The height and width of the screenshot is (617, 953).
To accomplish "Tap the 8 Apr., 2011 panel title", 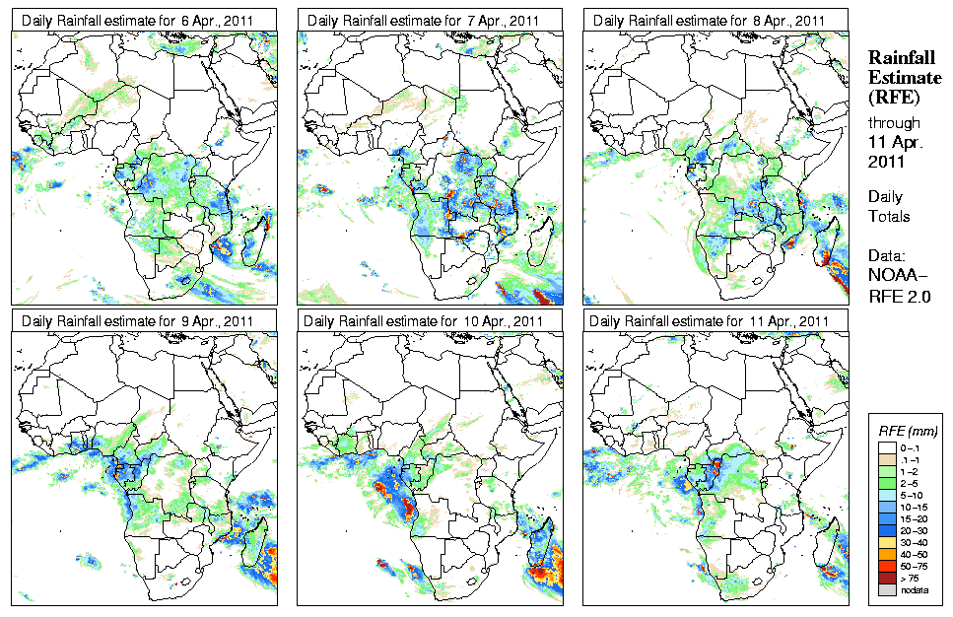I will tap(709, 21).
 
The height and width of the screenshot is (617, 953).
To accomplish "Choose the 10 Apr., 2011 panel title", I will tap(423, 321).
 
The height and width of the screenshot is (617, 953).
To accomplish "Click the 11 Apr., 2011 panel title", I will tap(709, 321).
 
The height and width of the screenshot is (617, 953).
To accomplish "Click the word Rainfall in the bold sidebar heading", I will tap(898, 58).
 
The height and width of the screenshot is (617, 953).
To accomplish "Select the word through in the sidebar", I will tap(894, 123).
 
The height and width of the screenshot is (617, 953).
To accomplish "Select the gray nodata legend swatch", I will tap(888, 589).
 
